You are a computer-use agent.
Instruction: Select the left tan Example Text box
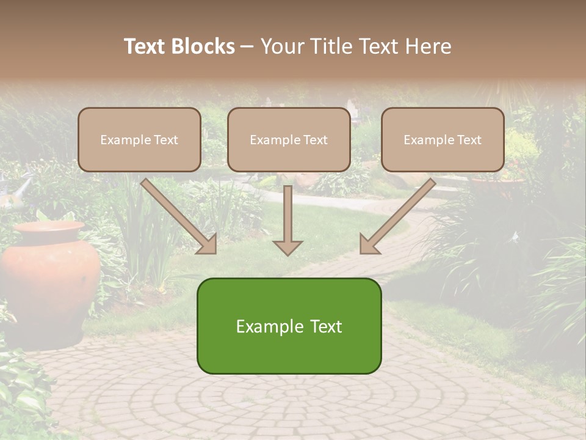pos(139,140)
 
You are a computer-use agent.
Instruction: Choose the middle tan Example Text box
pos(289,140)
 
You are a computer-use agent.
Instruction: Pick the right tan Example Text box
pos(443,140)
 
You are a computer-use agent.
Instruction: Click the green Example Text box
pos(289,326)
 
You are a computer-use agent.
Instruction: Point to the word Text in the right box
pos(469,140)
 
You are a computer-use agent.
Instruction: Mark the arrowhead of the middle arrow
pos(288,247)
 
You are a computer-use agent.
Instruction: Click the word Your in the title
pos(279,46)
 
